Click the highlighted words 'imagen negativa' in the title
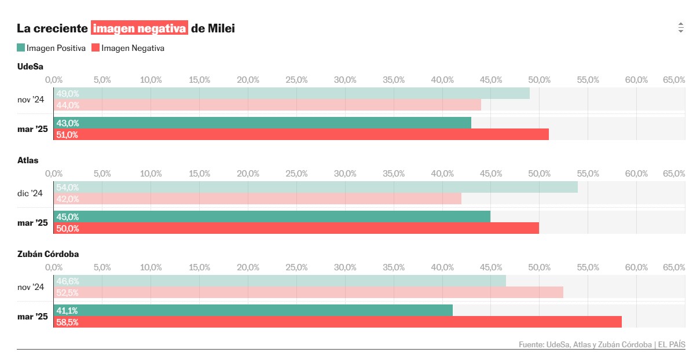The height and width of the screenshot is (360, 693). pyautogui.click(x=140, y=28)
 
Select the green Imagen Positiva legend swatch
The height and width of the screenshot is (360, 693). pyautogui.click(x=21, y=48)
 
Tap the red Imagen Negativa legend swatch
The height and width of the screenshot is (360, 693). pyautogui.click(x=96, y=48)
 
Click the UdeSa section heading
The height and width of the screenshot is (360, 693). pyautogui.click(x=31, y=67)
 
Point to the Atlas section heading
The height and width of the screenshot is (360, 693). pyautogui.click(x=28, y=160)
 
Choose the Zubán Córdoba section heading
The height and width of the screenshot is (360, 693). pyautogui.click(x=48, y=254)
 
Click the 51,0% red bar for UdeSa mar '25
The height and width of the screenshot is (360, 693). pyautogui.click(x=301, y=134)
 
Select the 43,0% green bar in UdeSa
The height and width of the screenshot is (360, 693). pyautogui.click(x=262, y=123)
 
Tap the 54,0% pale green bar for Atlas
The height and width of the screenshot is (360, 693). pyautogui.click(x=316, y=187)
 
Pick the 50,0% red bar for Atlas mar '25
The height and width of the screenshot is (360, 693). pyautogui.click(x=296, y=228)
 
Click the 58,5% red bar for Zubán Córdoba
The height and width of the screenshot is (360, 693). pyautogui.click(x=338, y=322)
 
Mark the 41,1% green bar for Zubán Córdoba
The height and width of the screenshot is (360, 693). pyautogui.click(x=253, y=310)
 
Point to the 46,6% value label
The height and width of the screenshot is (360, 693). pyautogui.click(x=68, y=281)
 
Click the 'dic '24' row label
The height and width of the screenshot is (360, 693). pyautogui.click(x=30, y=193)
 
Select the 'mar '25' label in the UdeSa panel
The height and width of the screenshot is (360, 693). pyautogui.click(x=32, y=128)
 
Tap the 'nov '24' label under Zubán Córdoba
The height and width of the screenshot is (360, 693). pyautogui.click(x=31, y=287)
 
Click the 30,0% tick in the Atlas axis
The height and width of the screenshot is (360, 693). pyautogui.click(x=345, y=173)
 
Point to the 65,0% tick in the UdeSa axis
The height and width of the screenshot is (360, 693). pyautogui.click(x=674, y=79)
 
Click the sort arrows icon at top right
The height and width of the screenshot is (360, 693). pyautogui.click(x=680, y=28)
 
